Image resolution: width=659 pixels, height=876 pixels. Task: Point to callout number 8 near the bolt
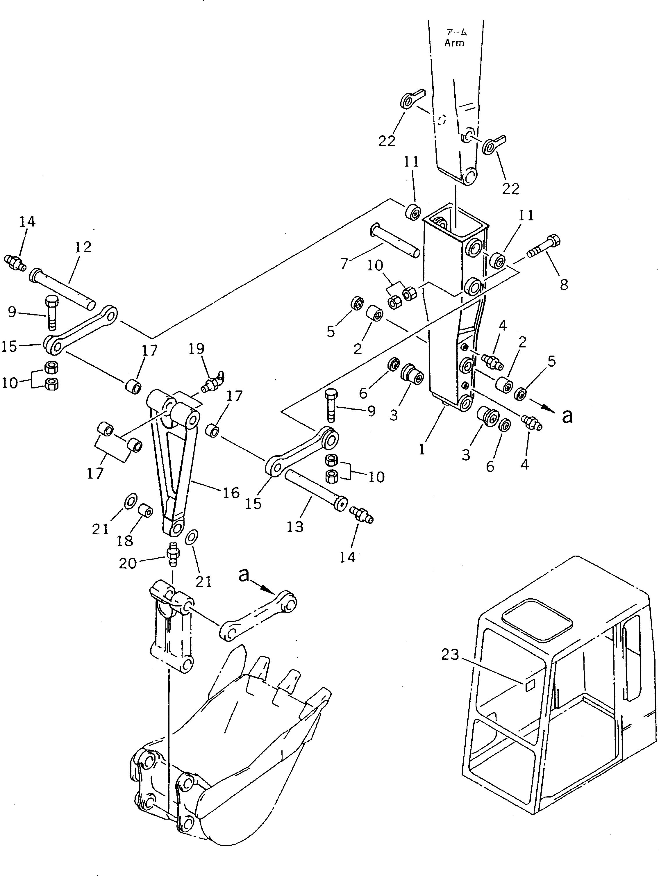point(564,284)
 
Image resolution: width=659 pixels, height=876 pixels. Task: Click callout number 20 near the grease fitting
point(128,563)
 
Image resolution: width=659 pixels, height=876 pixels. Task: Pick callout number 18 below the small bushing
point(125,540)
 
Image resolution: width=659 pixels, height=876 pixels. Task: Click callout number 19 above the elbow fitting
point(197,349)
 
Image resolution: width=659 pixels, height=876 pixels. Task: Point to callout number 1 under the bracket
point(422,449)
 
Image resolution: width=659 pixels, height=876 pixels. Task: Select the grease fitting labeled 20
point(173,552)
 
